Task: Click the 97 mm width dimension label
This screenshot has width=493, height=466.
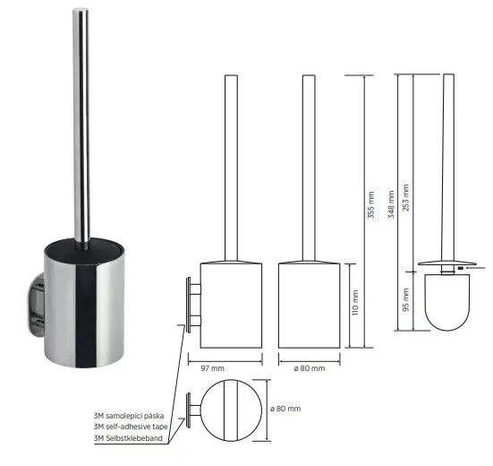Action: (213, 368)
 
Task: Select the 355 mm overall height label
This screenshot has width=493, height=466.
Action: (371, 204)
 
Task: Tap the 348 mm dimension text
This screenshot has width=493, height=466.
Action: (391, 204)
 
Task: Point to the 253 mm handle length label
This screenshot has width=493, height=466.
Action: (406, 198)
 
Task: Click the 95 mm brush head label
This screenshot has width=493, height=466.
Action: (406, 299)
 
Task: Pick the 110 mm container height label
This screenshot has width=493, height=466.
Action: (355, 303)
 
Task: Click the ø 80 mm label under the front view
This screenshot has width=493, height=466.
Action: (310, 368)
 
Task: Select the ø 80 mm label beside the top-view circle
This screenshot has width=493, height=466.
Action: (285, 409)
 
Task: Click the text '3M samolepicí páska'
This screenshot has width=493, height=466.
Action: (129, 416)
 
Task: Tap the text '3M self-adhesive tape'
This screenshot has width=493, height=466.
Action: (131, 427)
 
